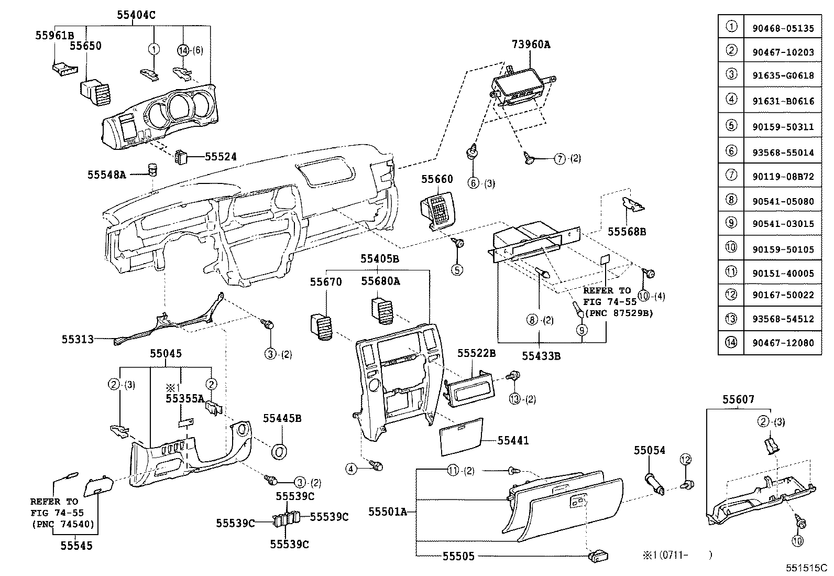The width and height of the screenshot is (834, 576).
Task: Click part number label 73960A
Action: click(x=531, y=45)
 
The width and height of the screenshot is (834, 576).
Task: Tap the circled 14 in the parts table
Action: click(x=731, y=343)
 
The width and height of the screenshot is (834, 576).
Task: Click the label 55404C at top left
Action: click(x=136, y=15)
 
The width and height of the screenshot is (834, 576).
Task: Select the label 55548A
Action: click(x=106, y=175)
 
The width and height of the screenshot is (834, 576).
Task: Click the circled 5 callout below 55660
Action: click(x=458, y=270)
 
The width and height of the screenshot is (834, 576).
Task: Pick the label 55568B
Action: click(x=627, y=231)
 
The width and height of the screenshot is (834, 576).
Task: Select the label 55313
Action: click(x=78, y=339)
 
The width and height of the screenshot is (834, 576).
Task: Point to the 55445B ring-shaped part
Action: click(x=279, y=451)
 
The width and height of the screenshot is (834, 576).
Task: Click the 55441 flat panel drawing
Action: click(x=461, y=435)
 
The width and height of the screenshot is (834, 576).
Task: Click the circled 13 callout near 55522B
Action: click(x=514, y=399)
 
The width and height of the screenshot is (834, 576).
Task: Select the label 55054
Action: click(x=650, y=450)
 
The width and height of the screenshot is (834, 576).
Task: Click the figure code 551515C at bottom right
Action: click(x=805, y=568)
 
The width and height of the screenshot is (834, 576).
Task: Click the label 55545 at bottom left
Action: click(x=76, y=546)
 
